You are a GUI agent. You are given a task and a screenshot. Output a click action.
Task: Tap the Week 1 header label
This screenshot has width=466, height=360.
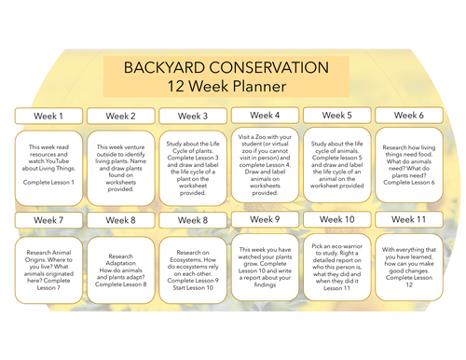[48, 117]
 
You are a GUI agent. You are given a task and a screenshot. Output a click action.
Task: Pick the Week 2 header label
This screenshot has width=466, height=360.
[120, 117]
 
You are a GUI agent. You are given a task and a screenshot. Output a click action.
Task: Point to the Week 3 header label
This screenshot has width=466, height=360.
[193, 117]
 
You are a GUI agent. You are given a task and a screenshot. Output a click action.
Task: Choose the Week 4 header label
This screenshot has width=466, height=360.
[265, 115]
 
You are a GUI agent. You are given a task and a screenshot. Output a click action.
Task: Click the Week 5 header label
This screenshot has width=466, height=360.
[336, 116]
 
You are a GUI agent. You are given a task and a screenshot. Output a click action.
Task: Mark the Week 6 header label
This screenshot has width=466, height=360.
[409, 116]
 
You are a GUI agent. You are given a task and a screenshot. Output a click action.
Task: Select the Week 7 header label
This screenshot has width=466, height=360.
[48, 220]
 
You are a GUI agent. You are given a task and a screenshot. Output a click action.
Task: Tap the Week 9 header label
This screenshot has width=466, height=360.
[265, 220]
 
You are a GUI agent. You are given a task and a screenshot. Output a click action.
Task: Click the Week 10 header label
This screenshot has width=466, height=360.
[336, 219]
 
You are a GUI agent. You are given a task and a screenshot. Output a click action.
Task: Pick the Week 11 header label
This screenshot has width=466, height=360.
[409, 219]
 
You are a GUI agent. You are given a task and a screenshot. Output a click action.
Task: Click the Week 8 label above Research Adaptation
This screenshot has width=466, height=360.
[120, 220]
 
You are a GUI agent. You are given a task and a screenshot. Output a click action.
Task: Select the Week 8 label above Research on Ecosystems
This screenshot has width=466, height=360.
[193, 220]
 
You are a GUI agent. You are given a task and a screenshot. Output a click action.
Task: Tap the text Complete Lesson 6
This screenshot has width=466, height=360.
[409, 182]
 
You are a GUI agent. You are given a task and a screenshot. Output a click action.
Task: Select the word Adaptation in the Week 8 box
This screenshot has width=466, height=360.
[120, 263]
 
